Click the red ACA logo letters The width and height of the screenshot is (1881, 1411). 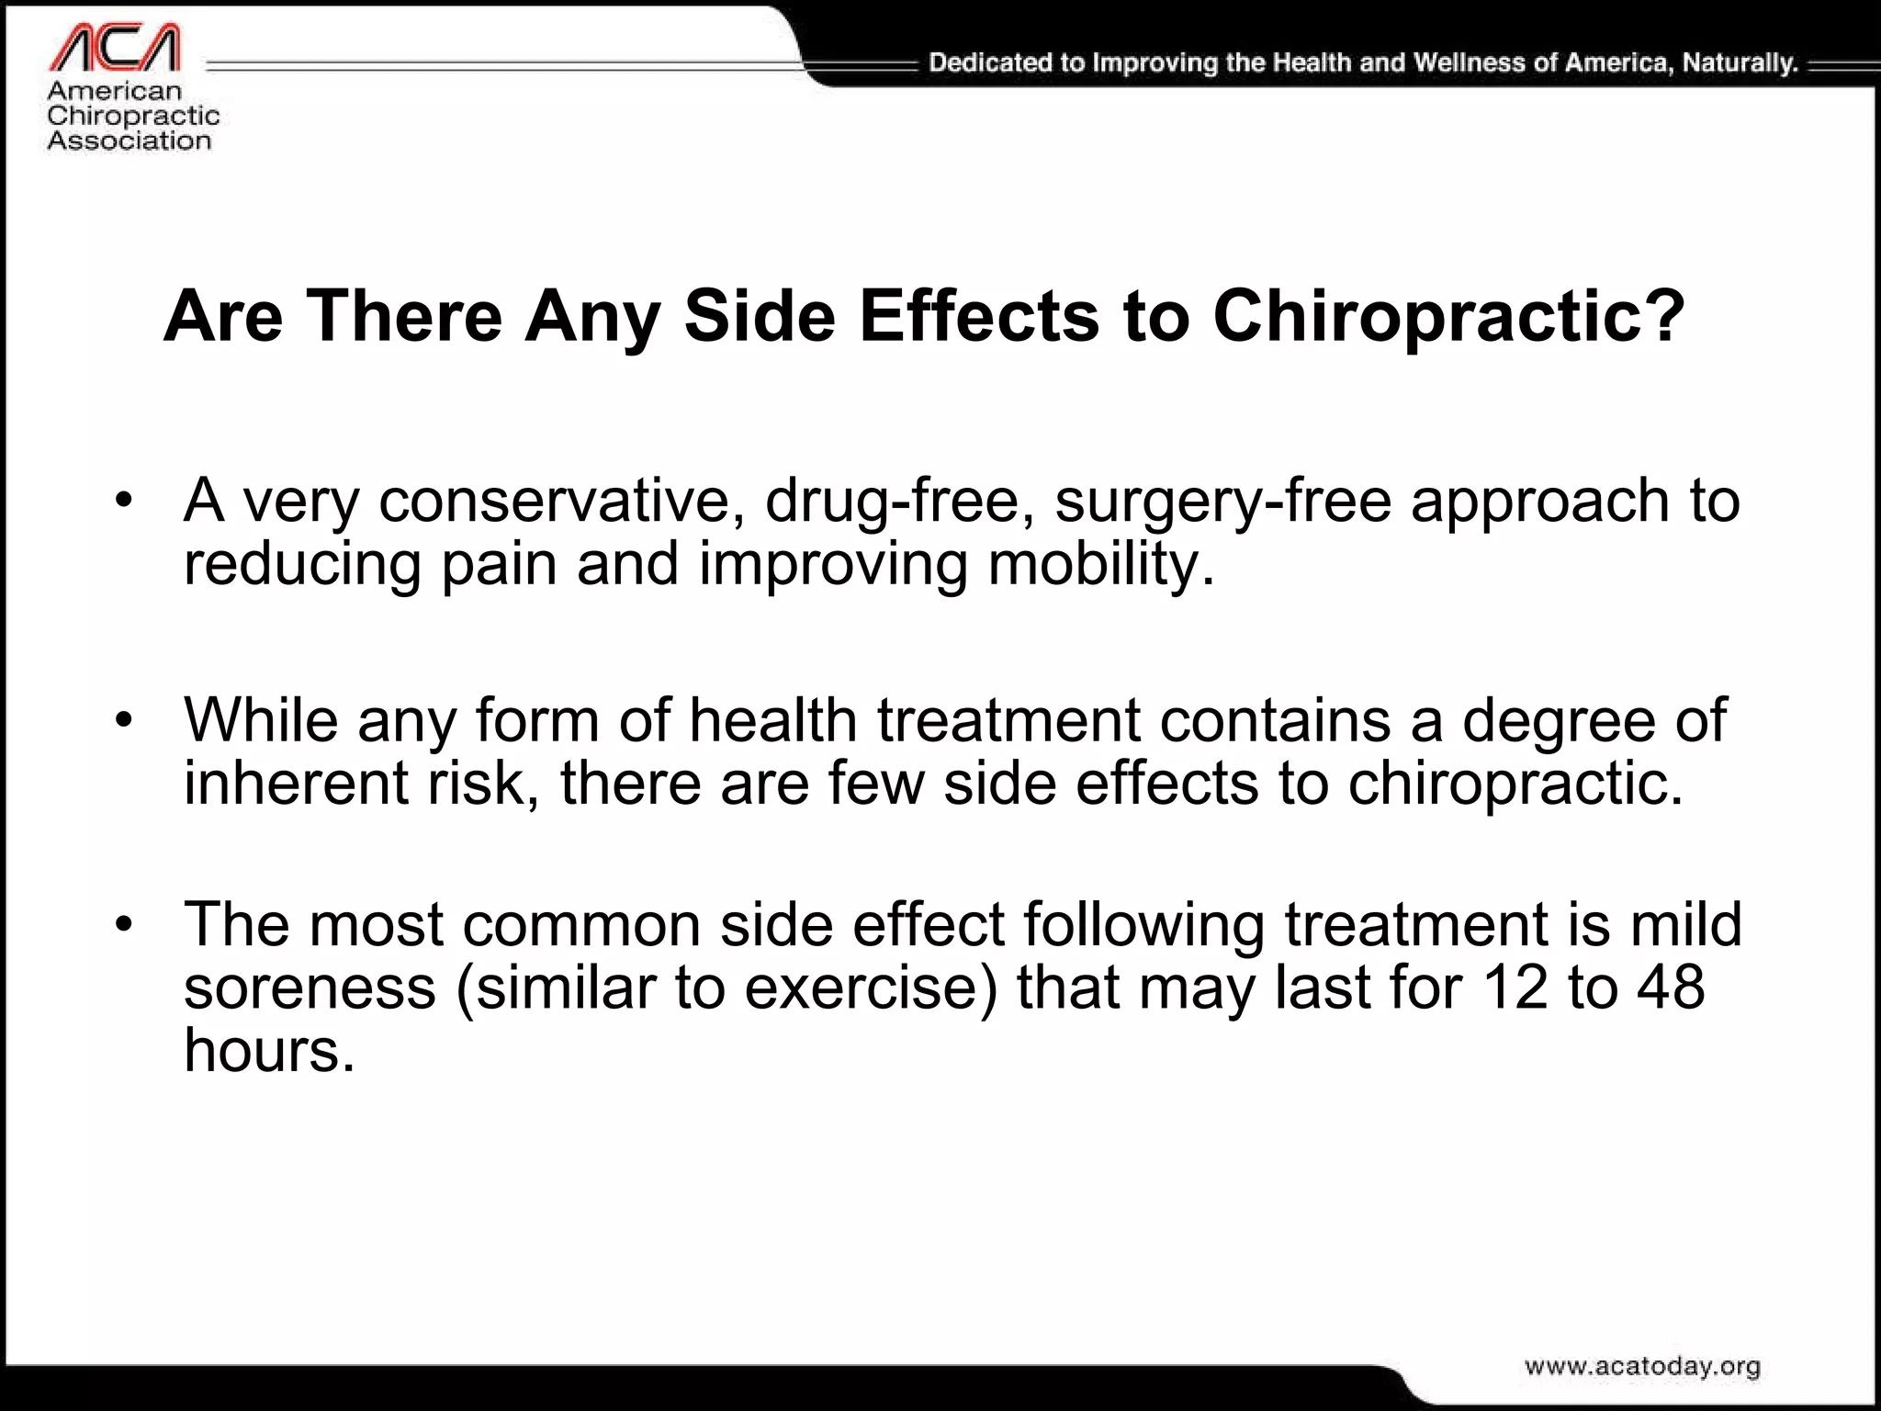coord(116,48)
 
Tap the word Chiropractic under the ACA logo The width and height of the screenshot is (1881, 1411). coord(133,116)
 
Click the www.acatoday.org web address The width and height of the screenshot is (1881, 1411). coord(1642,1366)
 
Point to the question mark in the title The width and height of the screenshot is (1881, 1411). coord(1663,316)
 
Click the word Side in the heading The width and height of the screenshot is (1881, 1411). coord(760,316)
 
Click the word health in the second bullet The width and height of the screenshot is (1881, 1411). coord(773,721)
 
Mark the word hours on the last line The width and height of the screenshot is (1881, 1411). coord(268,1050)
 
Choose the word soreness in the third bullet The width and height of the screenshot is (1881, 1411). coord(310,988)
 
